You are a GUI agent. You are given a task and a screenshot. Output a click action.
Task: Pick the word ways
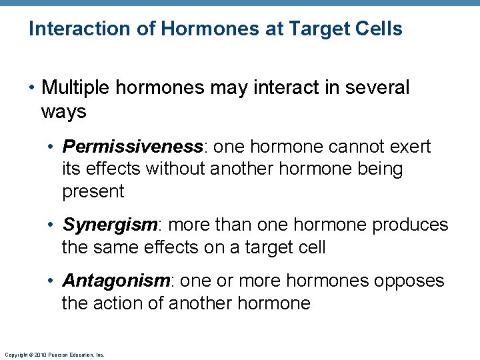63,111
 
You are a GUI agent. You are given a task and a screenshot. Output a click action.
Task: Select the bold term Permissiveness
132,147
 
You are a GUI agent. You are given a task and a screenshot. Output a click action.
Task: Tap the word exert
409,147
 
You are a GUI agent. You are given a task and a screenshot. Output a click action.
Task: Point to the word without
174,169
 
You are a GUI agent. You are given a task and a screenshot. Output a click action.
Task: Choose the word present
93,192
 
